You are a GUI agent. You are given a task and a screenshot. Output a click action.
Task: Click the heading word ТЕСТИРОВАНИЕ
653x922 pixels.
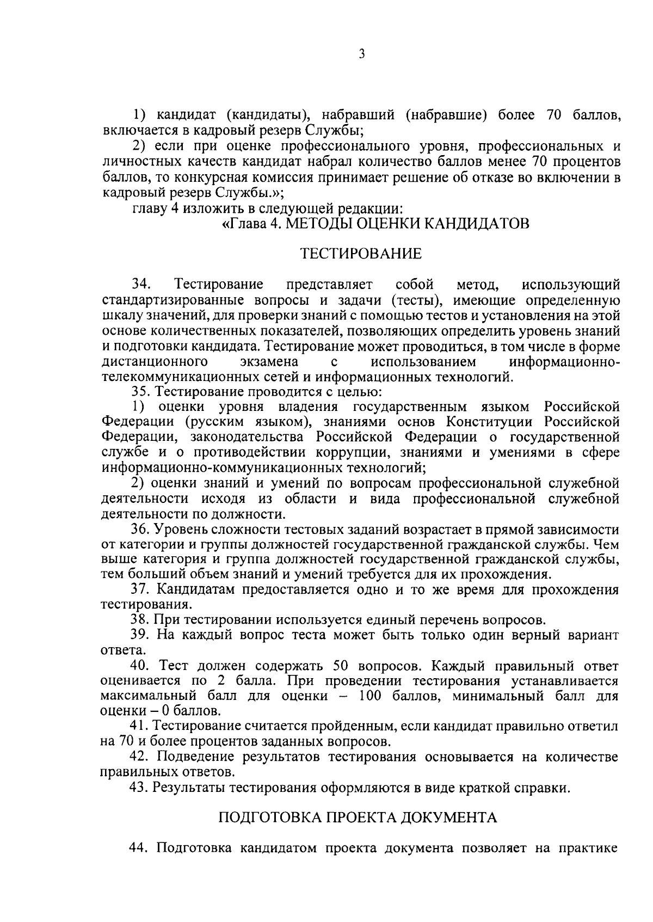[361, 254]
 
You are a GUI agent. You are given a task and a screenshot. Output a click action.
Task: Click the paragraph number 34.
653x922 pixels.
[141, 285]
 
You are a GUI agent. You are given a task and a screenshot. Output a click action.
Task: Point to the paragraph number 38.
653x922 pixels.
[140, 620]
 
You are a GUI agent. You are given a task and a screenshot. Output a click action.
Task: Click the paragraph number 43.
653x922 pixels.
[140, 787]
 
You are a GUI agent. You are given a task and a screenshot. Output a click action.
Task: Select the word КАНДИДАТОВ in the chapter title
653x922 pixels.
[476, 223]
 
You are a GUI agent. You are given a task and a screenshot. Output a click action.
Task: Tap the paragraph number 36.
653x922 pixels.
[140, 530]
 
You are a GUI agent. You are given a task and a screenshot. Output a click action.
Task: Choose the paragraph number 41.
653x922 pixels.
[140, 727]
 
